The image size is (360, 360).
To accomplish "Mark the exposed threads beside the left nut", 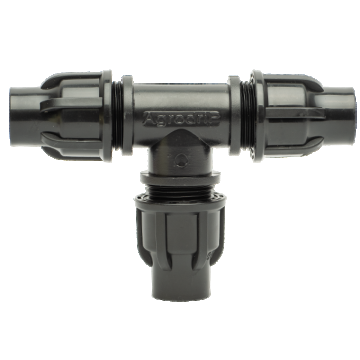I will click(x=119, y=102).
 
